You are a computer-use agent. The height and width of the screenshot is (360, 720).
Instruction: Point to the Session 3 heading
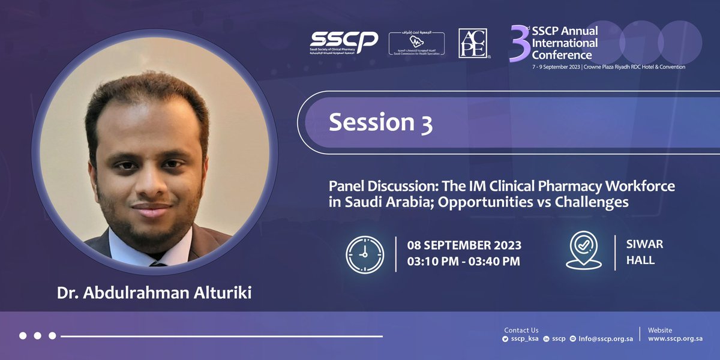pos(380,122)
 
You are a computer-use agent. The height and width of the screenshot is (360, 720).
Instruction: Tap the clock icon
pos(365,254)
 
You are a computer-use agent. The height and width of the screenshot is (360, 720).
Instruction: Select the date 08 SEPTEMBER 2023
pos(464,245)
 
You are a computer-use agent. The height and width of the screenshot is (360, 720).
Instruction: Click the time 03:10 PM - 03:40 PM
pos(464,261)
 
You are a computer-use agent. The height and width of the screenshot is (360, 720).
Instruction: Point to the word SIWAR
pos(643,245)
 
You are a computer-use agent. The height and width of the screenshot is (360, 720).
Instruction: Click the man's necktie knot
pos(157,263)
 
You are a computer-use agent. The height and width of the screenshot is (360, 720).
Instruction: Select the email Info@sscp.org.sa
pos(605,339)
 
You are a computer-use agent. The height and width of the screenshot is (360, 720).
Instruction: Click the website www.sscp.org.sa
pos(675,339)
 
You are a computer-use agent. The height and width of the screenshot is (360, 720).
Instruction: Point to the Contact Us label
pos(521,330)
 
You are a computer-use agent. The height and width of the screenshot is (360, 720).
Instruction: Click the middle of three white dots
pos(37,336)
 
